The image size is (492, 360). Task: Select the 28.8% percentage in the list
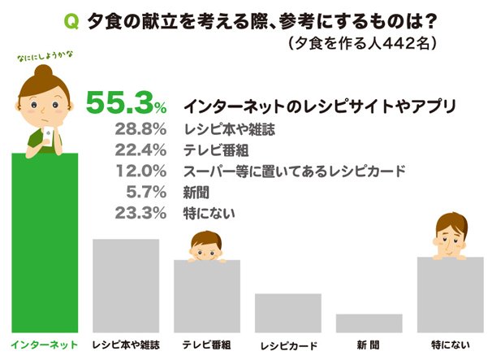coord(141,130)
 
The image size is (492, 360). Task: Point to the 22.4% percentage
coord(141,151)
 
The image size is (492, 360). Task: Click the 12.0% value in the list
coord(141,172)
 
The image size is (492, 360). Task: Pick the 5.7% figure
coord(147,193)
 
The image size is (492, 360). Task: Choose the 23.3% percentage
coord(141,215)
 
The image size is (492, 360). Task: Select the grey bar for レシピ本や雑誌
coord(126,284)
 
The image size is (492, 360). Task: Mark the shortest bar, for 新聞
coord(369,322)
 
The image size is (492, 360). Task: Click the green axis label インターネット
coord(45,345)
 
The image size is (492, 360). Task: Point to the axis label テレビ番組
coord(206,345)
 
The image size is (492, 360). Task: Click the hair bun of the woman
coord(44,68)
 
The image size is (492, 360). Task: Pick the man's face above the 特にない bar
coord(448,237)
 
